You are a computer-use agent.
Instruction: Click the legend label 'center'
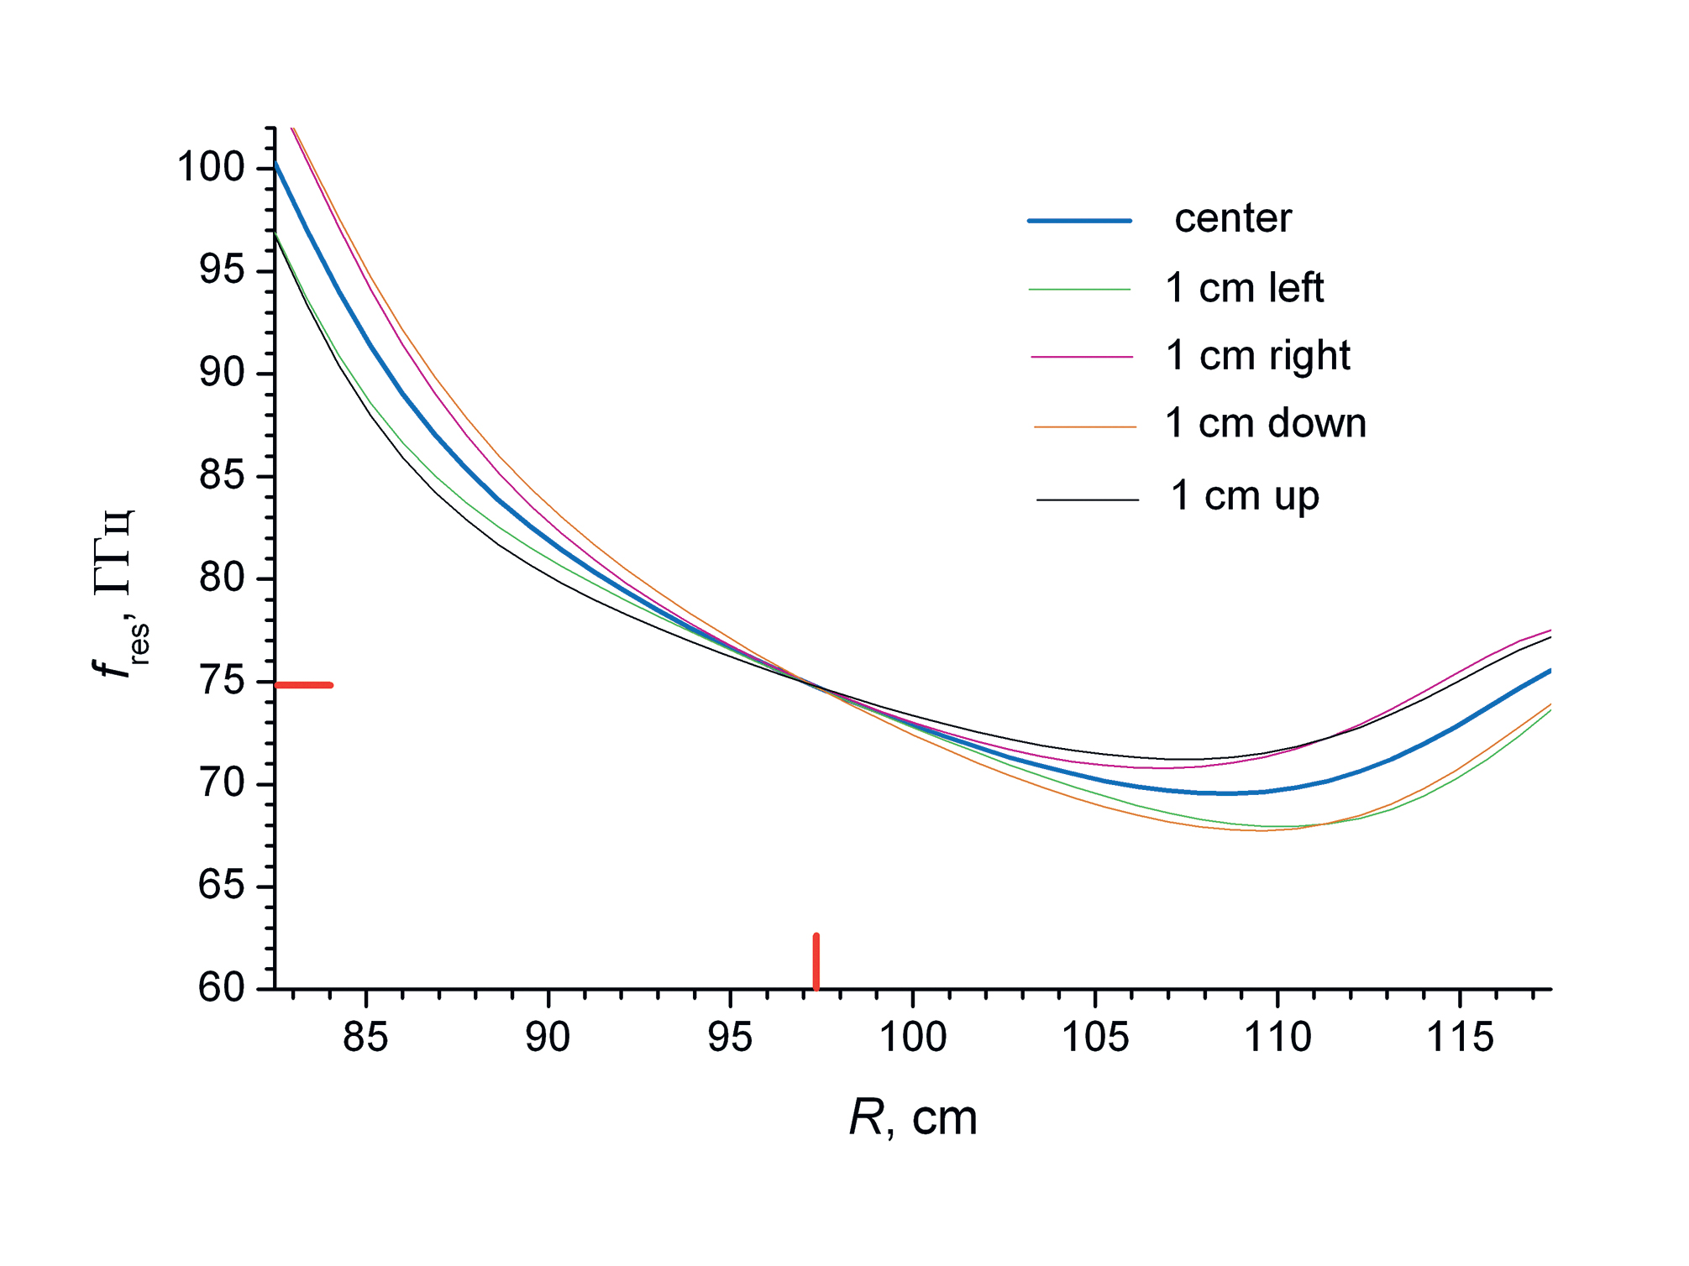click(1232, 220)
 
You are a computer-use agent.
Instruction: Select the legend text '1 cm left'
click(1244, 289)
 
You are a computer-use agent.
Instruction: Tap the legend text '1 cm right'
click(1257, 356)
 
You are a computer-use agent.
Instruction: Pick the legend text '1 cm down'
click(1265, 424)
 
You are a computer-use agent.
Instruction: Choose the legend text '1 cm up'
click(1245, 496)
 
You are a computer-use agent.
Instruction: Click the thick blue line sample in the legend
click(1079, 221)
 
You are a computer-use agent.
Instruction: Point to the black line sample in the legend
click(1088, 500)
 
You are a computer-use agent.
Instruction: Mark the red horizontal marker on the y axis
click(304, 685)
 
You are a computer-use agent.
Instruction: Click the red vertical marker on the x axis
click(816, 961)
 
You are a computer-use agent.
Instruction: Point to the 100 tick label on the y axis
click(210, 168)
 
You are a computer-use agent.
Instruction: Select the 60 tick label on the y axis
click(222, 988)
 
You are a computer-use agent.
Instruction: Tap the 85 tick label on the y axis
click(222, 476)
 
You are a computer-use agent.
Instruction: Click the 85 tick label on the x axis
click(365, 1038)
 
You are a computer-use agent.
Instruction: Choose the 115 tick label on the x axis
click(1461, 1038)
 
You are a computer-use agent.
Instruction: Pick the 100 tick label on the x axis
click(913, 1038)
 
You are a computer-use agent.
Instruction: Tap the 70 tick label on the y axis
click(222, 784)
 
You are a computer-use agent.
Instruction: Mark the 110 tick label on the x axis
click(1277, 1038)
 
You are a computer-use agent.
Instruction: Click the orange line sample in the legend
click(1084, 427)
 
